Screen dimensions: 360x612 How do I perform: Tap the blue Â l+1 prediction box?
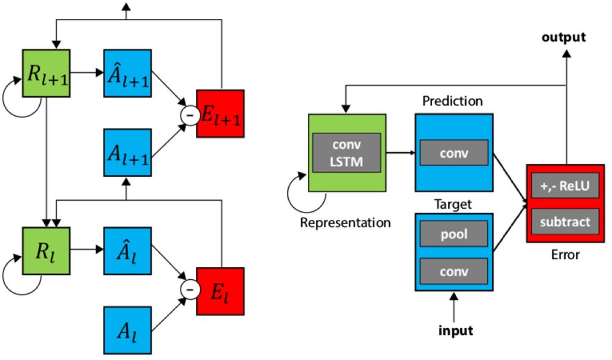tap(128, 73)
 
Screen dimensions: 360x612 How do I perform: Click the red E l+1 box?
tap(220, 113)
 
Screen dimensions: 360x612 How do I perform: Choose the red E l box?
tap(220, 291)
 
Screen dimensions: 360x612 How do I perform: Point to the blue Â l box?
tap(128, 250)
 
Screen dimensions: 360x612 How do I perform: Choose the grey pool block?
tap(453, 233)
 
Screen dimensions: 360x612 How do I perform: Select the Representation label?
tap(345, 221)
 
